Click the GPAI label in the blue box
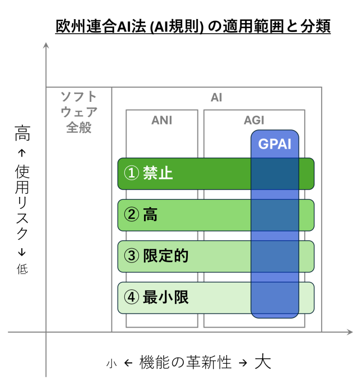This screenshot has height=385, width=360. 274,144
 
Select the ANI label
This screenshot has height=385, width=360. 161,120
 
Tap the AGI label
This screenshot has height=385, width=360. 254,120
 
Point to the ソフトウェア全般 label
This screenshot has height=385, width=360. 79,112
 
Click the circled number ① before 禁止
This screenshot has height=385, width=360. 132,173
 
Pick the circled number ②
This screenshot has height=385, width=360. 132,214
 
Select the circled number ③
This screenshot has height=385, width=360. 132,256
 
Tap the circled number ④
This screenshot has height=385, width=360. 132,297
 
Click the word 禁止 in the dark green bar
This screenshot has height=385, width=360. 158,173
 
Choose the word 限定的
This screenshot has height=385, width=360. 165,256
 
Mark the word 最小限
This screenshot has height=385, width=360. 165,297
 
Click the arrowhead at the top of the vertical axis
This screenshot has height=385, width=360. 46,45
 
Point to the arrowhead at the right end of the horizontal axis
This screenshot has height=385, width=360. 350,332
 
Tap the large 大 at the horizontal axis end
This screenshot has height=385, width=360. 263,361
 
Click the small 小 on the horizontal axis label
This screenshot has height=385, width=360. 111,364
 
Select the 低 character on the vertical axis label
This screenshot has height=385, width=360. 22,269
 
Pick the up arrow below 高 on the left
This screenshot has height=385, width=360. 22,153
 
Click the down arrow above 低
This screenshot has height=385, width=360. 22,252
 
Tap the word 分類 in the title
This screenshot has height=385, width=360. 316,26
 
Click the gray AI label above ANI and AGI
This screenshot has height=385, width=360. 217,97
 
